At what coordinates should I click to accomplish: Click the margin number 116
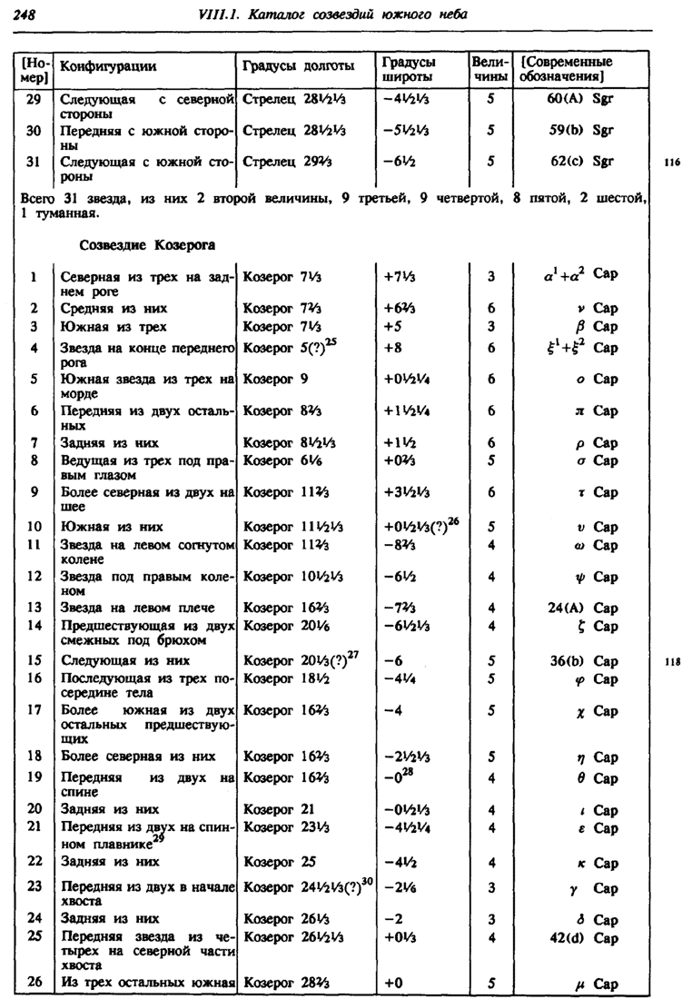pyautogui.click(x=671, y=163)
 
